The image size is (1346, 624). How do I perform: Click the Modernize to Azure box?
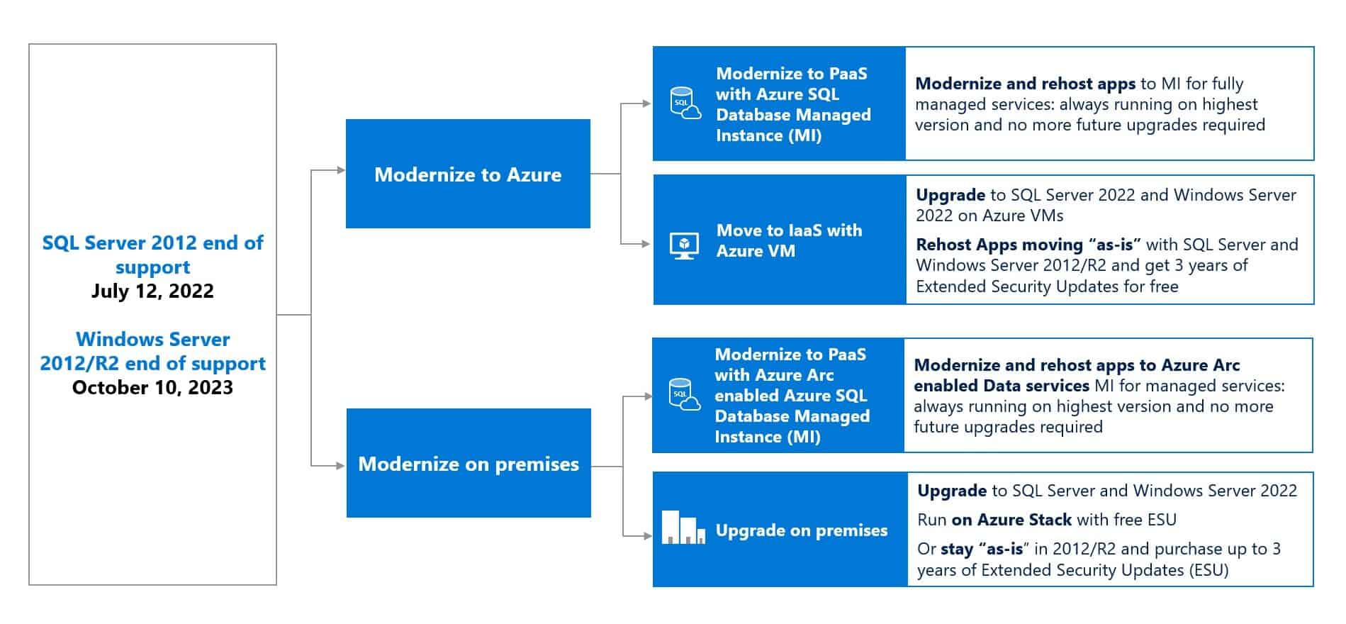468,174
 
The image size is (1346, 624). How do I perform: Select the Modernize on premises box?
469,463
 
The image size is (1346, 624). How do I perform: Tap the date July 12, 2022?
152,291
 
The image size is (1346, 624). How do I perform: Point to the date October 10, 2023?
152,387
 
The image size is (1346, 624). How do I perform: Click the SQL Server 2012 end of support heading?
152,254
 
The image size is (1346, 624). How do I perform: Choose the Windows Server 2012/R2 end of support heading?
152,351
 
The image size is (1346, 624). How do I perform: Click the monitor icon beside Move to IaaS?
684,245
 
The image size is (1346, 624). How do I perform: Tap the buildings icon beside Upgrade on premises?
683,528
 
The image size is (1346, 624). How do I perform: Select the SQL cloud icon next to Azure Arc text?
684,395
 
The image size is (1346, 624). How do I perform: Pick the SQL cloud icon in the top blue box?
685,104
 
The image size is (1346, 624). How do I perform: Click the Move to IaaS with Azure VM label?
788,240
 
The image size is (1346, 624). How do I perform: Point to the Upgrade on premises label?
801,530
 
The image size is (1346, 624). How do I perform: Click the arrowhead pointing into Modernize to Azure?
341,170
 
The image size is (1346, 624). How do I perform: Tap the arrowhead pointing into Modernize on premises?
341,466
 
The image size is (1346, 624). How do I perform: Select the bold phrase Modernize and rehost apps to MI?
1025,84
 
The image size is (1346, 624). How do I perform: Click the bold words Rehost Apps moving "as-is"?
1028,245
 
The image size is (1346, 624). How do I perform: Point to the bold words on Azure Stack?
1011,520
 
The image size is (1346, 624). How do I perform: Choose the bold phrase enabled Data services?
1001,386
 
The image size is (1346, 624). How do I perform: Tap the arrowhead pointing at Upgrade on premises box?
647,536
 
